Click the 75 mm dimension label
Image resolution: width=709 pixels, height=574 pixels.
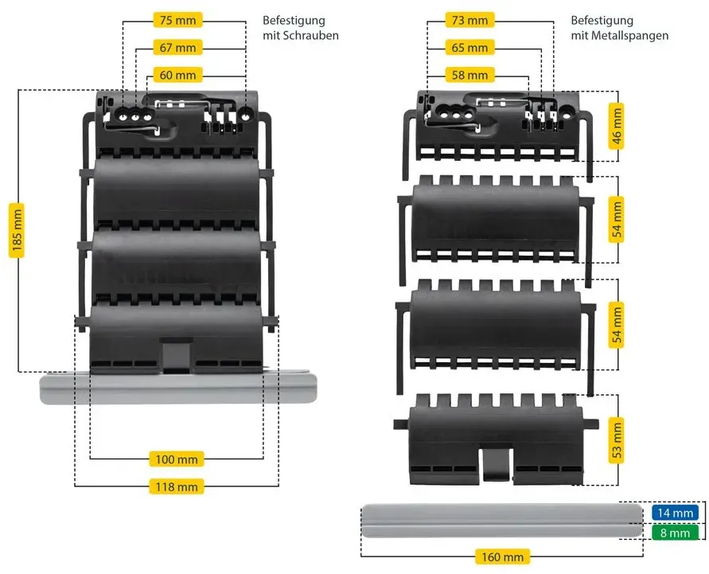coord(177,21)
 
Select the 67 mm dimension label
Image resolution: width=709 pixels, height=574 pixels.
coord(177,48)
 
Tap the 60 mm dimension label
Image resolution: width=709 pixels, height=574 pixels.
coord(177,75)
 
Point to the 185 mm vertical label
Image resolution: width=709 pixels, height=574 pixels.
coord(17,230)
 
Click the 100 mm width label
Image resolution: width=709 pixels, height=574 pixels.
coord(177,459)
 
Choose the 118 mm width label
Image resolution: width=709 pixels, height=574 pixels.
coord(177,487)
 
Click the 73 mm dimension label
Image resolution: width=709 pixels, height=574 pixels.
coord(469,21)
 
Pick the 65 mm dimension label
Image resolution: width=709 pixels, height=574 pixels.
coord(469,48)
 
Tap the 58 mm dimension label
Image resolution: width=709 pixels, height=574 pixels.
coord(469,75)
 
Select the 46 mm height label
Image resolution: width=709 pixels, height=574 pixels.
coord(617,127)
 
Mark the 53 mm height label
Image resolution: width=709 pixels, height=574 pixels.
coord(617,440)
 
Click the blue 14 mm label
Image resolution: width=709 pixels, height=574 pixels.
coord(675,513)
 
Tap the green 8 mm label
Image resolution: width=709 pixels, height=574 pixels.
coord(675,533)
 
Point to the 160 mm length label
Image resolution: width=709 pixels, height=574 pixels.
coord(502,556)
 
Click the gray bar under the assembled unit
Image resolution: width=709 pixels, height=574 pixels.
coord(178,388)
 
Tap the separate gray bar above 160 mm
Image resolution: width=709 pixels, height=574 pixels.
coord(502,520)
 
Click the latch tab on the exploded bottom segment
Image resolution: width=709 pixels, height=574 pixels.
coord(496,465)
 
